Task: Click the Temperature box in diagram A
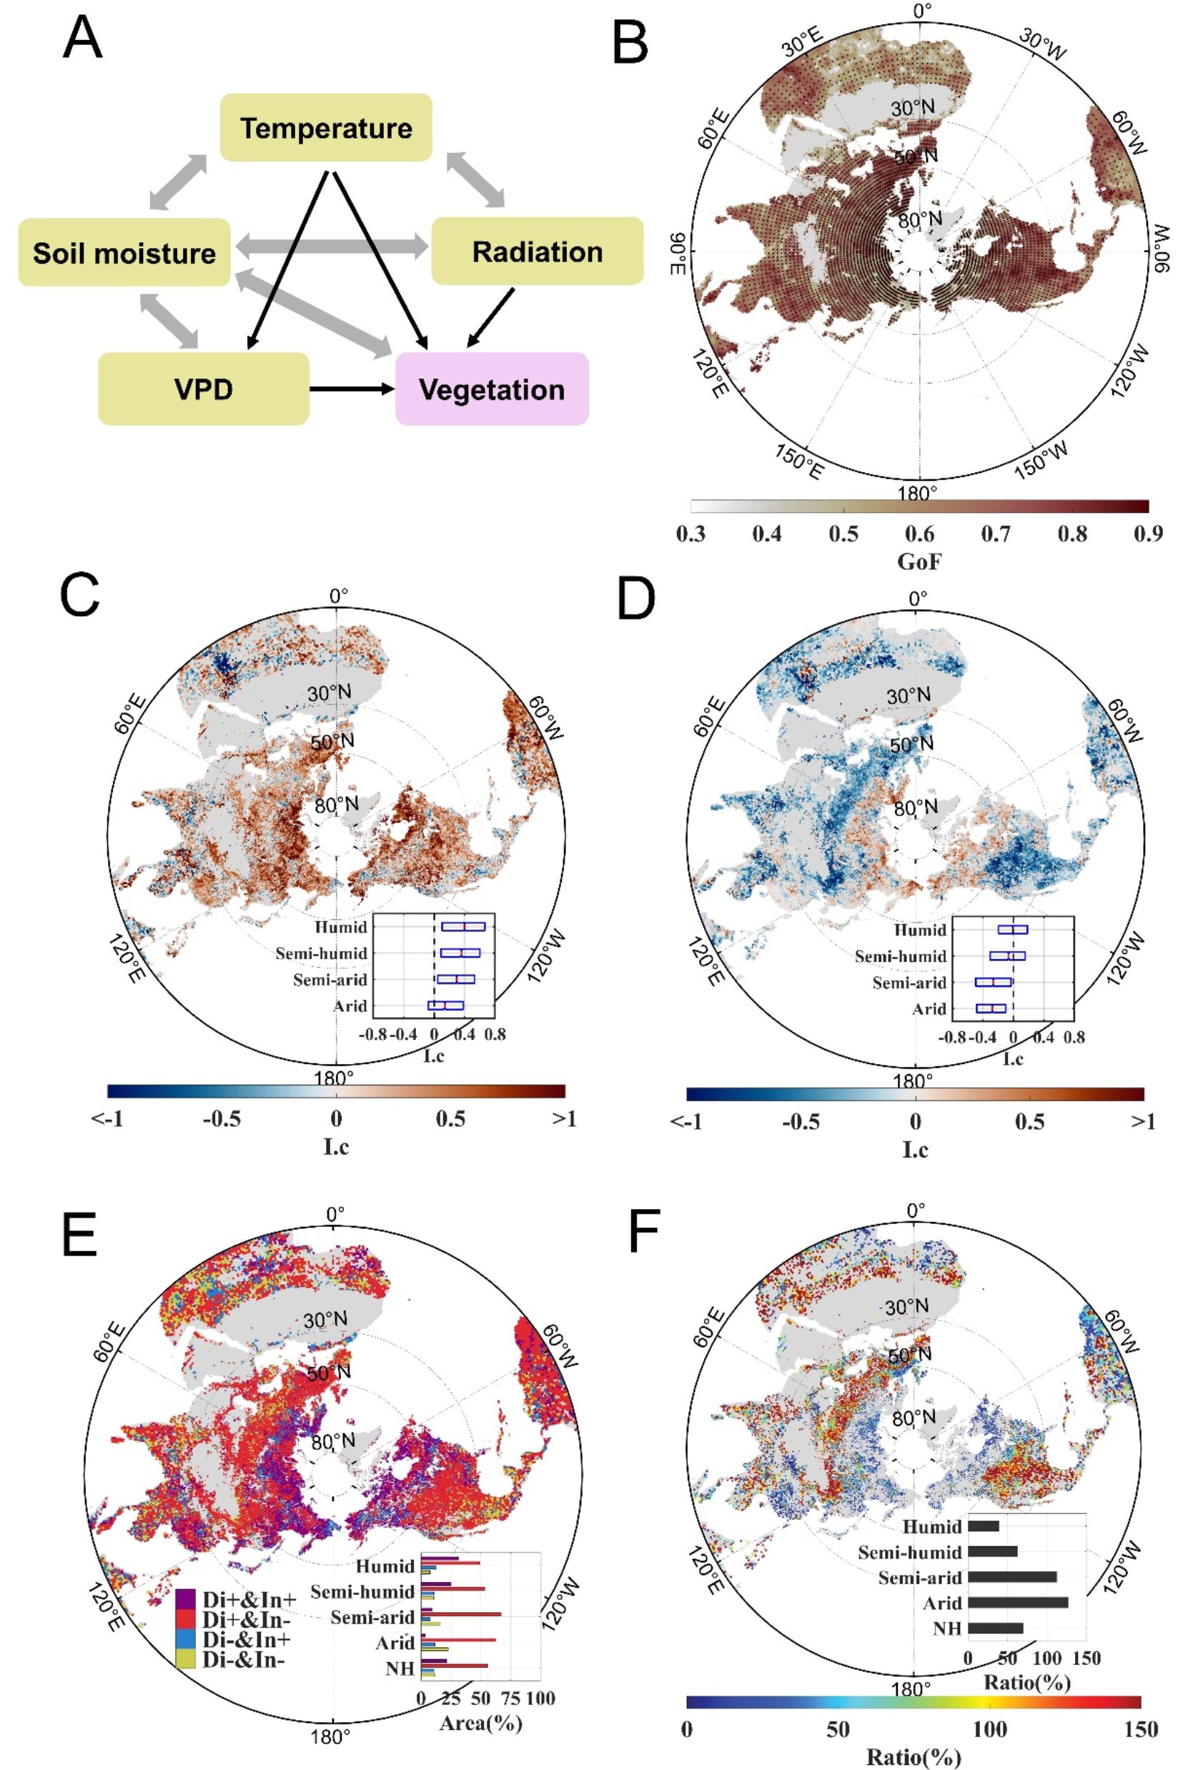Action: point(326,128)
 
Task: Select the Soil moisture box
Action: point(124,252)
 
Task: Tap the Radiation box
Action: point(537,252)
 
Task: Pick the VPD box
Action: point(203,389)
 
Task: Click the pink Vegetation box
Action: point(492,389)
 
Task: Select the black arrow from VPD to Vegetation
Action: point(352,389)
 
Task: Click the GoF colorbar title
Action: point(919,562)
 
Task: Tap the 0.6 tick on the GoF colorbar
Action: point(919,534)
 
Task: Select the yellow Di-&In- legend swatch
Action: point(186,1659)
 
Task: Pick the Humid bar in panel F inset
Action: point(983,1526)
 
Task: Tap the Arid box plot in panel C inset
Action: point(445,1005)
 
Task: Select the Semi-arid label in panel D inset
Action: point(909,983)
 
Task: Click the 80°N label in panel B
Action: point(919,221)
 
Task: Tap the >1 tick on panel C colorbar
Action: point(565,1119)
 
